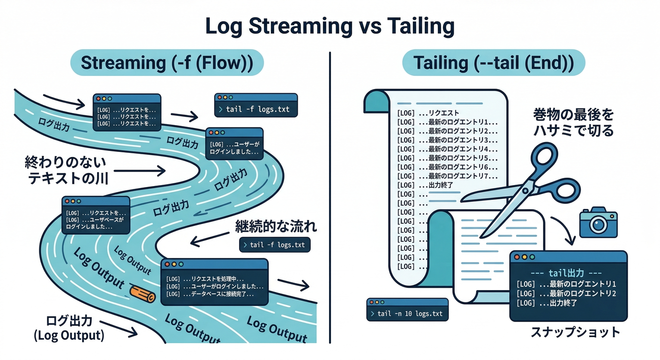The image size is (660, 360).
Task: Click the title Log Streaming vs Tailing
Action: pyautogui.click(x=330, y=26)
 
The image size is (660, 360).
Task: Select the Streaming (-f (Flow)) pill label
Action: pyautogui.click(x=166, y=63)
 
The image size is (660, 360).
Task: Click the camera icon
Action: pyautogui.click(x=598, y=223)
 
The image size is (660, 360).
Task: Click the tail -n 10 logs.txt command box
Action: pyautogui.click(x=407, y=314)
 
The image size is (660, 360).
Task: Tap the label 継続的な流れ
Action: pyautogui.click(x=275, y=227)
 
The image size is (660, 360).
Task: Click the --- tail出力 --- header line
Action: pyautogui.click(x=568, y=273)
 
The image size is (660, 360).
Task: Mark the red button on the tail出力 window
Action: pyautogui.click(x=518, y=257)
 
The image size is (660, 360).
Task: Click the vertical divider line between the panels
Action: pyautogui.click(x=330, y=197)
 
